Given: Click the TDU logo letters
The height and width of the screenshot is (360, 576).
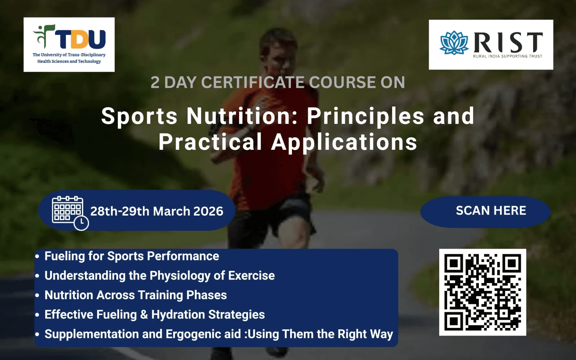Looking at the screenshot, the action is click(80, 39).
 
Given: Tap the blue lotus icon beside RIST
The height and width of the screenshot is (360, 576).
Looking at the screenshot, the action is click(454, 43).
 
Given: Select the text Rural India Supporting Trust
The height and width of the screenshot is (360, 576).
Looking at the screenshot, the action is click(508, 56).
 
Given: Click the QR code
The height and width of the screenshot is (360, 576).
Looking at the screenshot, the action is click(483, 292).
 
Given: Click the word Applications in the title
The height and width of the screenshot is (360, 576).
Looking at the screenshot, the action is click(344, 142).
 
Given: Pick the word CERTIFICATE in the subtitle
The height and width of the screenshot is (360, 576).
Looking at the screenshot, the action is click(252, 82).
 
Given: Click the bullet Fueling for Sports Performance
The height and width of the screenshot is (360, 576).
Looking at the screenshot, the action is click(132, 256).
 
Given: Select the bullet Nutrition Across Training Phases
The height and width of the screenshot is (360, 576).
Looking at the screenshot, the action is click(135, 295).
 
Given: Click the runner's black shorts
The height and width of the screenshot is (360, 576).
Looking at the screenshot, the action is click(270, 219).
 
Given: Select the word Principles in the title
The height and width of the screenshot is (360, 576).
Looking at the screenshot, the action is click(365, 117).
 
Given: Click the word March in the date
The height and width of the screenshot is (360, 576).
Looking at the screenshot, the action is click(171, 211).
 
